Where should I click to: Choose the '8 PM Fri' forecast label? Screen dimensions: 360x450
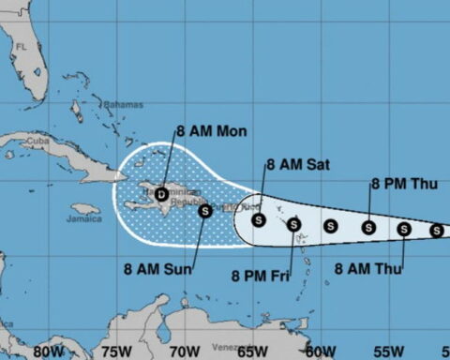[x=262, y=275]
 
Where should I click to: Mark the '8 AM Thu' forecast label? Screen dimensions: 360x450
[x=368, y=270]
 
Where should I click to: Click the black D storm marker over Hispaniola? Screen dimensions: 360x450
[x=162, y=194]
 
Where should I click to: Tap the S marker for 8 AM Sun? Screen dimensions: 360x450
[x=205, y=211]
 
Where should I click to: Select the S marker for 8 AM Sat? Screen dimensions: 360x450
[x=260, y=220]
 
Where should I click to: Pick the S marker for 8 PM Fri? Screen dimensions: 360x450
[x=293, y=224]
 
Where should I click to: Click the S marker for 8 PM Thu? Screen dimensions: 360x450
[x=368, y=226]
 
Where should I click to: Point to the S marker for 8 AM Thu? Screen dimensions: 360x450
[x=404, y=229]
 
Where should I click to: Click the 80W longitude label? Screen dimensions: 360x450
[x=43, y=352]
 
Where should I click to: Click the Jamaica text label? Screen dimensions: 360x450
[x=84, y=218]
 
